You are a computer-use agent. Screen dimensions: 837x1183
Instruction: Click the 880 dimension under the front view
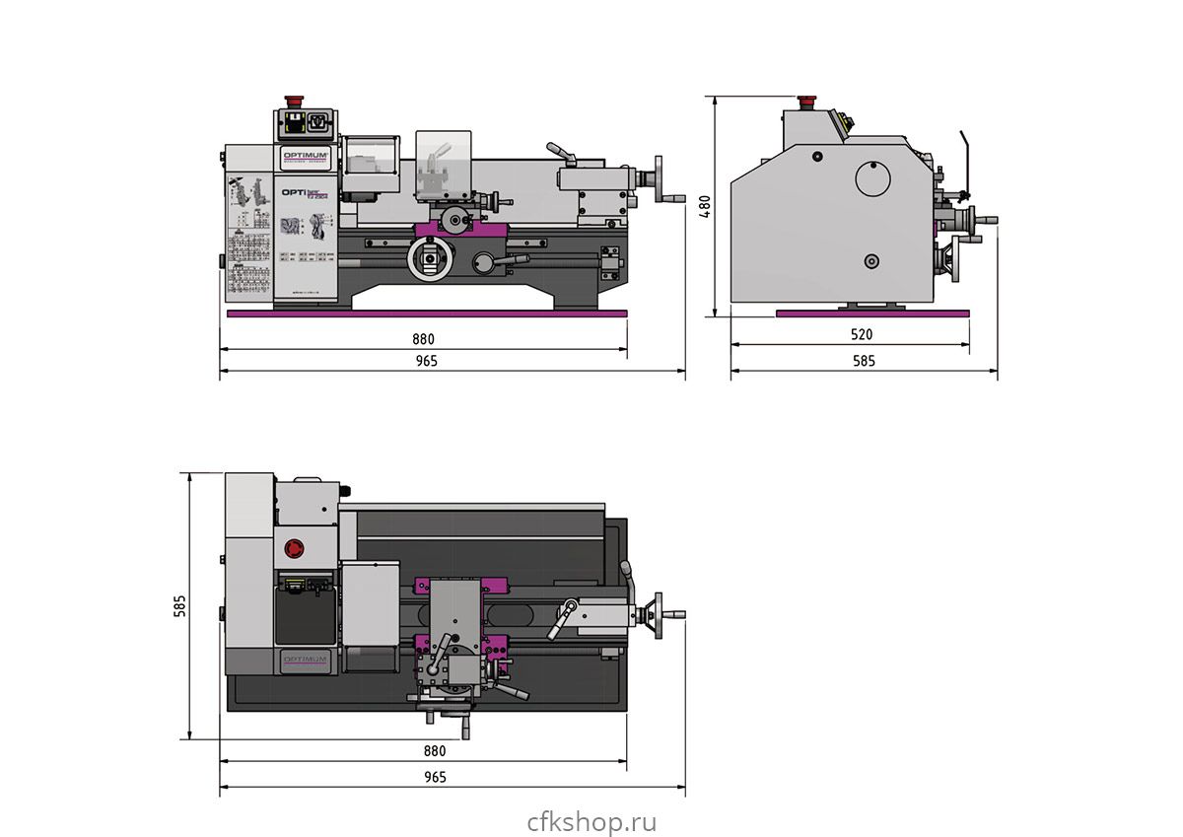(424, 338)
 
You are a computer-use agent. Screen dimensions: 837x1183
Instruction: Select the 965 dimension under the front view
(426, 361)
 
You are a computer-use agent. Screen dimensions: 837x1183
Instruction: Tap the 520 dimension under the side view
(861, 334)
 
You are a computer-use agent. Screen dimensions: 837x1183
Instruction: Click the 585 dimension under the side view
(863, 361)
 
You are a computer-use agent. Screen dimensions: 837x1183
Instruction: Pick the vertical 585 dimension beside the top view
(180, 605)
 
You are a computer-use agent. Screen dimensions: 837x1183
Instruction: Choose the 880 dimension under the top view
(435, 750)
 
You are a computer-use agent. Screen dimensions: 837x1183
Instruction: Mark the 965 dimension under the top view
(435, 777)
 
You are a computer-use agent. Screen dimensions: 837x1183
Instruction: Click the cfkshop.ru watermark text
(591, 821)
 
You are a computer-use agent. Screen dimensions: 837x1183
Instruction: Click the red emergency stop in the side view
(807, 101)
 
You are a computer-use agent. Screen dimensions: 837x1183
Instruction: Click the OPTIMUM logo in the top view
(305, 660)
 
